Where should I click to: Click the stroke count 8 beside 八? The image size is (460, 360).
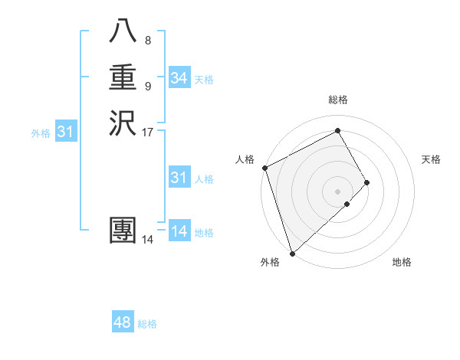click(147, 40)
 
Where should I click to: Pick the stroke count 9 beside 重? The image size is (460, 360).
click(147, 85)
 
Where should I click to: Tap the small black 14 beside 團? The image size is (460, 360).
click(147, 240)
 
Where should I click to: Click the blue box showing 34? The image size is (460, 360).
click(179, 78)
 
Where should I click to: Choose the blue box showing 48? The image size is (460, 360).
click(123, 322)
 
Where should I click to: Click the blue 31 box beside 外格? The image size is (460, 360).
click(66, 133)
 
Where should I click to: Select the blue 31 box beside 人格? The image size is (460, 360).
click(179, 178)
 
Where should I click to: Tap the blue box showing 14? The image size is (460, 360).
click(179, 231)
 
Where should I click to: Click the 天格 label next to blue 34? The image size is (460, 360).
click(204, 80)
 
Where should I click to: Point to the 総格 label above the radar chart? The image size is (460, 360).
click(337, 100)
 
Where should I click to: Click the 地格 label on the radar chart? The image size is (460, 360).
click(402, 262)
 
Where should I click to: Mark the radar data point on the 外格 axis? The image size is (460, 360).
click(292, 253)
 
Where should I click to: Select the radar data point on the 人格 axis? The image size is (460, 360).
click(264, 168)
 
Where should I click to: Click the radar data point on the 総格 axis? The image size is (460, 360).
click(337, 132)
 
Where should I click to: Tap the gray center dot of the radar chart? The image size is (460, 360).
click(337, 191)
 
